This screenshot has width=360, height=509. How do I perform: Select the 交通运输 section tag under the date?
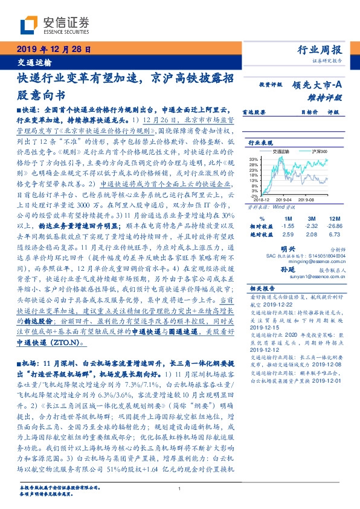[34, 62]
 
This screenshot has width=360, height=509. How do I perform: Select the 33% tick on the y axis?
[256, 158]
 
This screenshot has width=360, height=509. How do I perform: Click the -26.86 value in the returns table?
[335, 225]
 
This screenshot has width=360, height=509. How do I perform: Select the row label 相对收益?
[260, 225]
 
